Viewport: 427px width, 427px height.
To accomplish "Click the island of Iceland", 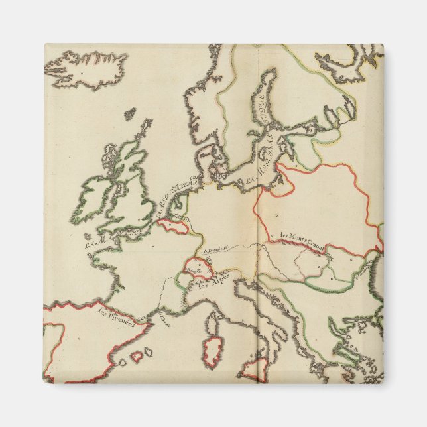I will [86, 67].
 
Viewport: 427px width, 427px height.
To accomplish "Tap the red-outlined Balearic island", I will [137, 356].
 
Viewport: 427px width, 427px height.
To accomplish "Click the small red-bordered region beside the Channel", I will [174, 226].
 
